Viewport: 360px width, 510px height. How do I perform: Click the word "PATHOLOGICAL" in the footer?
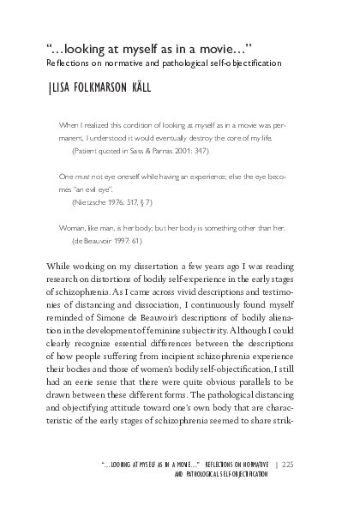(x=213, y=474)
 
